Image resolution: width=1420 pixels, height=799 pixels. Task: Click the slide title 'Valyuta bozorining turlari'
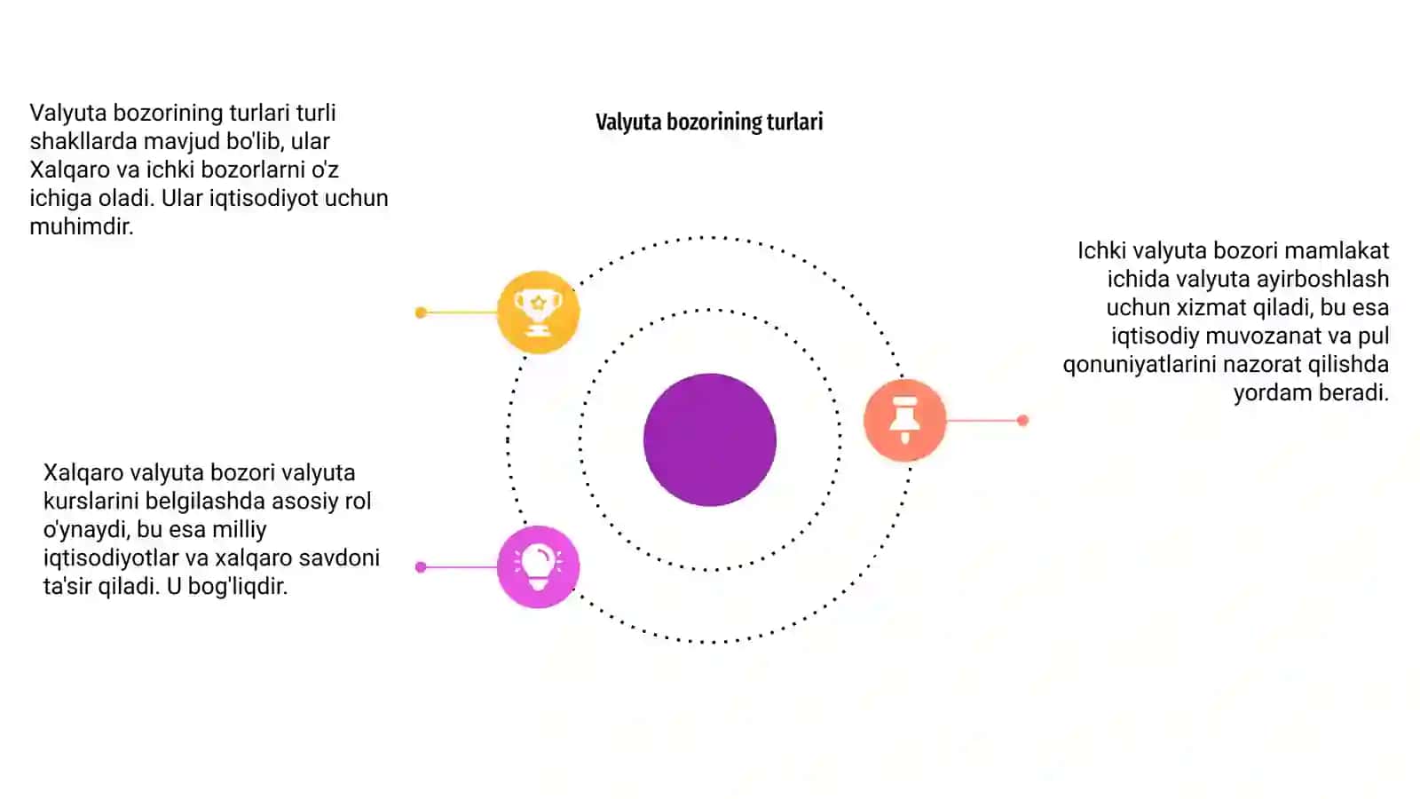tap(709, 122)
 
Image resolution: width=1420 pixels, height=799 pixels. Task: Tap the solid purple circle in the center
tap(710, 439)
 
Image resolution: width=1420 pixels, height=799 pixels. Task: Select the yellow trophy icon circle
tap(538, 312)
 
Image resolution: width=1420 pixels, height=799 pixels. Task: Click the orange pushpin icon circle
tap(905, 420)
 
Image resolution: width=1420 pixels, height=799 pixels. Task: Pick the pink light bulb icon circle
tap(538, 567)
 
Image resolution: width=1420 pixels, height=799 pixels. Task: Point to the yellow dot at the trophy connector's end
tap(421, 312)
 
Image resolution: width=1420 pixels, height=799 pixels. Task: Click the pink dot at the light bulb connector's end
tap(421, 567)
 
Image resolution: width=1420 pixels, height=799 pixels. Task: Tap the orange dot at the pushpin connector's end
tap(1022, 420)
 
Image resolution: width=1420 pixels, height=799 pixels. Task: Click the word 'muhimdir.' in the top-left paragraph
tap(81, 226)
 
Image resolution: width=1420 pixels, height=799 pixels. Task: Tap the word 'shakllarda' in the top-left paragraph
tap(83, 141)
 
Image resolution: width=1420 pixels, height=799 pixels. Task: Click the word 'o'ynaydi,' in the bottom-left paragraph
tap(86, 530)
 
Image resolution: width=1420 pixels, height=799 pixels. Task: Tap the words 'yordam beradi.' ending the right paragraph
tap(1311, 393)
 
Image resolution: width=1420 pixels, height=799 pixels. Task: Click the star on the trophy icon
tap(538, 303)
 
